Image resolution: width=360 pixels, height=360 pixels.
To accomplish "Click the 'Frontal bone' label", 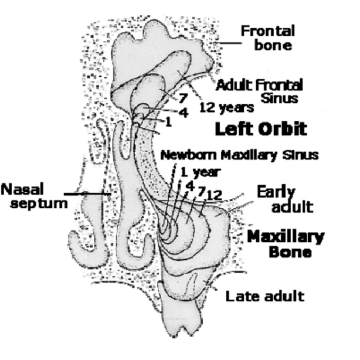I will tap(267, 38).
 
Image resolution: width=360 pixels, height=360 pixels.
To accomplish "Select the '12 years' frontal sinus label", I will tap(227, 108).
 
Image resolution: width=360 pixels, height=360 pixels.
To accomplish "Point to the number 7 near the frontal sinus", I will tap(183, 99).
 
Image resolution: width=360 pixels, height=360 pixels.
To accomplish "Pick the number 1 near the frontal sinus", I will tap(168, 122).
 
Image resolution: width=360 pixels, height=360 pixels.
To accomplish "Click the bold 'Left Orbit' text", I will tap(261, 129).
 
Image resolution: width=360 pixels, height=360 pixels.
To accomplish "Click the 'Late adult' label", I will tap(264, 296).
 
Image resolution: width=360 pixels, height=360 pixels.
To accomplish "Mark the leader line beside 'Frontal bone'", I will tap(229, 43).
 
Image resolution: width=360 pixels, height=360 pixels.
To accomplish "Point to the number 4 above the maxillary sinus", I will tap(190, 186).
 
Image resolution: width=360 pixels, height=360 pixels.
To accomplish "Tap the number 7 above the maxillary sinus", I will tap(200, 192).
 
